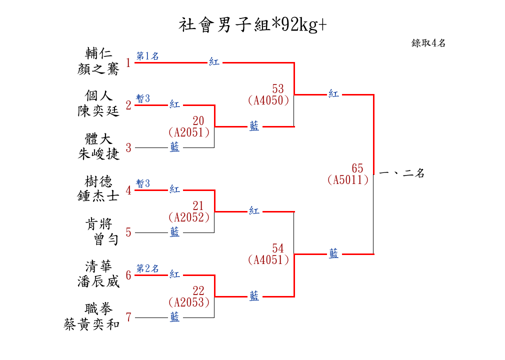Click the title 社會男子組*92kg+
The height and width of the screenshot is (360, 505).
[252, 25]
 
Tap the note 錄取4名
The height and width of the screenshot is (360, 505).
[428, 43]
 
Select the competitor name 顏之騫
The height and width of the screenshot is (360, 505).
[98, 69]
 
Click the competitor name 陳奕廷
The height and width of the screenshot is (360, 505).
[98, 111]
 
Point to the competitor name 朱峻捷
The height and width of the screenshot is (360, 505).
[98, 154]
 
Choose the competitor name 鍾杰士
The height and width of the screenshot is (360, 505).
[98, 196]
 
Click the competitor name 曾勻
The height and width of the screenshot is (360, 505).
[106, 239]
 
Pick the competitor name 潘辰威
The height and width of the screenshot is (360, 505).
[98, 281]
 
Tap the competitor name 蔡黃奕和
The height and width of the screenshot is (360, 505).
[91, 324]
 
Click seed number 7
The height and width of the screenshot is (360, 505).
[128, 317]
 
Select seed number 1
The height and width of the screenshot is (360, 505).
[128, 62]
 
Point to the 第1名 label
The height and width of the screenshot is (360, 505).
[147, 56]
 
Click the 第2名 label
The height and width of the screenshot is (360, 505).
[147, 268]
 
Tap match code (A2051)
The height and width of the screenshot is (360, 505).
[189, 132]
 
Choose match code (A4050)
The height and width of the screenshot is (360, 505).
[268, 100]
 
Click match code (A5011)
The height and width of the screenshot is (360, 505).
[348, 179]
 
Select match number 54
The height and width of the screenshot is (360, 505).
[278, 248]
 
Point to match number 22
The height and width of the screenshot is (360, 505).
[198, 291]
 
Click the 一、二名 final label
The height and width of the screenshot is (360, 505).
[401, 173]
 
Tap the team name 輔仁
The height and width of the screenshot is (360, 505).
[98, 53]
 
